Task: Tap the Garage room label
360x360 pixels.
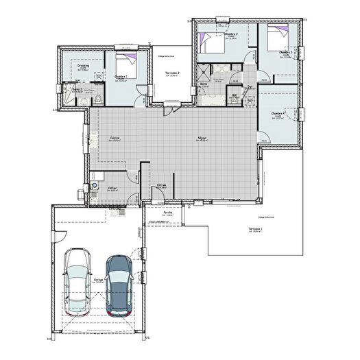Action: coord(99,280)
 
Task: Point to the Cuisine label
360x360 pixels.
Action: coord(115,138)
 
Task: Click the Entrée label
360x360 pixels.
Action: coord(162,185)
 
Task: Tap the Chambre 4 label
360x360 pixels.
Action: coord(278,113)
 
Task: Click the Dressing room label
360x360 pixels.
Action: coord(83,67)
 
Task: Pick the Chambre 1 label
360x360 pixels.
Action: coord(121,76)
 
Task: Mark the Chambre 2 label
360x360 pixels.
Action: coord(231,34)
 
